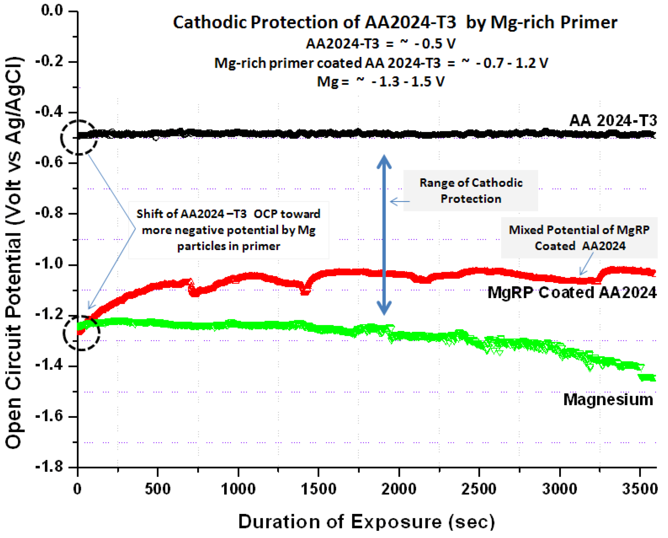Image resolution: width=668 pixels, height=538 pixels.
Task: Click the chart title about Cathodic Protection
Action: pos(395,23)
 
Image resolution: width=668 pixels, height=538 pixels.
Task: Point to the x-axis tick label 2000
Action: pos(399,489)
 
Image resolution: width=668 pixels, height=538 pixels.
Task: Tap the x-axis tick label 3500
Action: pos(640,489)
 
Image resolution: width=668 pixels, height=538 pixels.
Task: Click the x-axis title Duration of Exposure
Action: pos(366,522)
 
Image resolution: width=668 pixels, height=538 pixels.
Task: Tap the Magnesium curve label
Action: pos(608,400)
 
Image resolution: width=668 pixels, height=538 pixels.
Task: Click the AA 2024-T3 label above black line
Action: pos(613,121)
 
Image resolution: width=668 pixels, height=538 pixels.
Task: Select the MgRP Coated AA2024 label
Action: pos(572,293)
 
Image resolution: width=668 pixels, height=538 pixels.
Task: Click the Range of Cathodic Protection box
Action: pos(470,191)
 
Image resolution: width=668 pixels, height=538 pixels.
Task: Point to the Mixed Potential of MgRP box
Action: pos(579,238)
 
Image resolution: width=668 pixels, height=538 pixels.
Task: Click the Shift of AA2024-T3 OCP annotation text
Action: pos(229,230)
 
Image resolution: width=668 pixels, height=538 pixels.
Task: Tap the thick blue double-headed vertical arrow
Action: pos(384,235)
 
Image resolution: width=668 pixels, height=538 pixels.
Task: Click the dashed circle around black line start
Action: pos(79,138)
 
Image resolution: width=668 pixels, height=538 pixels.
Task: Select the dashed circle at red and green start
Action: pos(81,333)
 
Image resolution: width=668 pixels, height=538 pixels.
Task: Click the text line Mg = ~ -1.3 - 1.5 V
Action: pos(381,82)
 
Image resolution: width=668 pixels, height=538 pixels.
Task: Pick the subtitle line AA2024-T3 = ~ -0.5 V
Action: pos(381,44)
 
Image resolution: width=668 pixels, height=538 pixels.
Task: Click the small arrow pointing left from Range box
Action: pos(400,202)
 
